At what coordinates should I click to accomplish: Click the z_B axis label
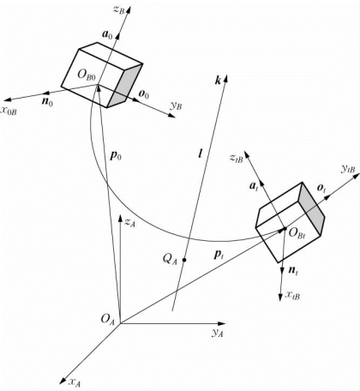coord(119,9)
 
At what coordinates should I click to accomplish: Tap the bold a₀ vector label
coord(108,35)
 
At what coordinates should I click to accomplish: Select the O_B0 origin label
coord(87,75)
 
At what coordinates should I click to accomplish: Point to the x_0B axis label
coord(9,111)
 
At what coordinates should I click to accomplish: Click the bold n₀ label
coord(47,101)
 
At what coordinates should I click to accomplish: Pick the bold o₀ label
coord(144,94)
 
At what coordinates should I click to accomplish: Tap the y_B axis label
coord(176,106)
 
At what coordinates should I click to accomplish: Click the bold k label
coord(218,81)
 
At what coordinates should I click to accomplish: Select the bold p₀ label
coord(116,156)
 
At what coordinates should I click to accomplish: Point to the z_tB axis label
coord(237,158)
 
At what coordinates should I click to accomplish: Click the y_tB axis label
coord(348,170)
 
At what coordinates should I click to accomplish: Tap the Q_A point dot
coord(184,260)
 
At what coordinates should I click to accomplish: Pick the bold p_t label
coord(219,255)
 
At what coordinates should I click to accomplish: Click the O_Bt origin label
coord(297,232)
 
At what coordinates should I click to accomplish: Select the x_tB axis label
coord(292,295)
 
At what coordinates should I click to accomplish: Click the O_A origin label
coord(107,319)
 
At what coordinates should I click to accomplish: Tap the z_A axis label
coord(130,222)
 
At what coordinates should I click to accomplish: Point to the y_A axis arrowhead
coord(221,323)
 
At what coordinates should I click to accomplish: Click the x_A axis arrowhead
coord(63,381)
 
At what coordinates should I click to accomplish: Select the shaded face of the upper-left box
coord(125,86)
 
